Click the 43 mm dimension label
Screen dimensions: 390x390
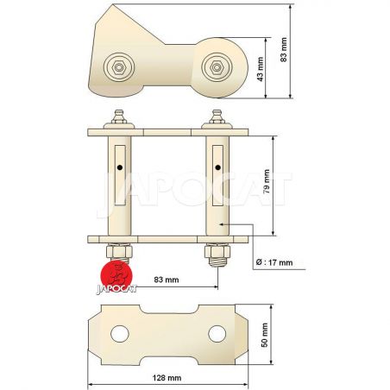coord(261,69)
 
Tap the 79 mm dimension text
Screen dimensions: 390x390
coord(267,181)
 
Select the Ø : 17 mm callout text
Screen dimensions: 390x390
coord(274,262)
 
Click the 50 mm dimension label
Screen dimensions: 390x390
coord(265,335)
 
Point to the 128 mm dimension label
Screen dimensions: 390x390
coord(167,377)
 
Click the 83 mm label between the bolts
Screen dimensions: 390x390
coord(167,280)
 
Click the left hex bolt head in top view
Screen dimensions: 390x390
coord(119,67)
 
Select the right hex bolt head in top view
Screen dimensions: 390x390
coord(217,67)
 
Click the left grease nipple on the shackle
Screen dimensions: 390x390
coord(119,116)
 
